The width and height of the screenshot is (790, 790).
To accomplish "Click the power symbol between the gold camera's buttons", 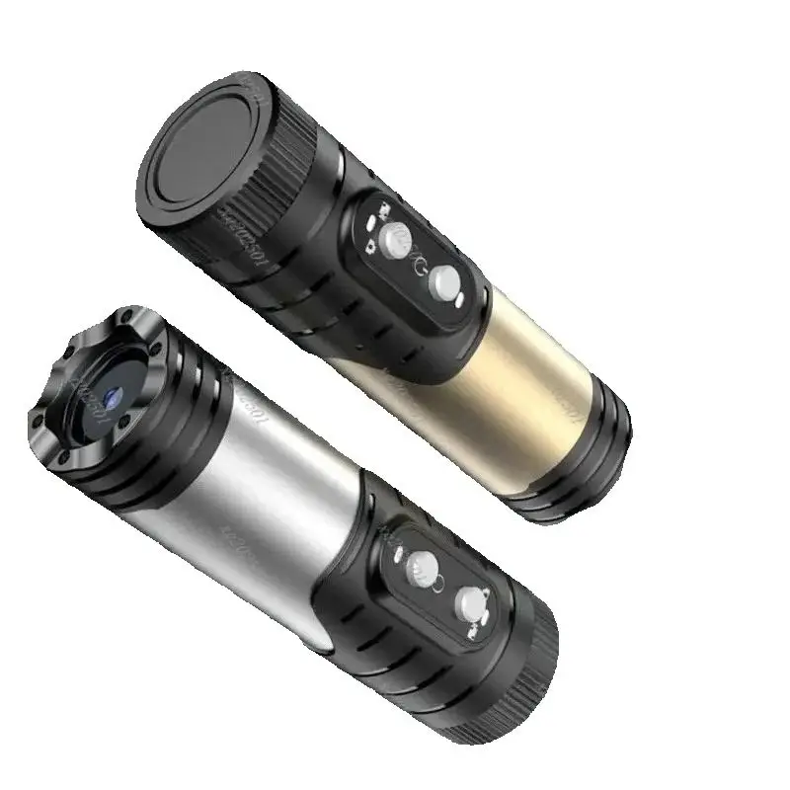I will tap(420, 265).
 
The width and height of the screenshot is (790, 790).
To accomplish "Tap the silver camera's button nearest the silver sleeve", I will tap(423, 569).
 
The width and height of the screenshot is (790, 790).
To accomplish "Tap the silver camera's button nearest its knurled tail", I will tap(470, 604).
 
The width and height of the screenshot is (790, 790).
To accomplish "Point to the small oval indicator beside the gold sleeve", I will tap(459, 300).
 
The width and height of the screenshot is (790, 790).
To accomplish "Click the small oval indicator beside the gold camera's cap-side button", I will tap(370, 223).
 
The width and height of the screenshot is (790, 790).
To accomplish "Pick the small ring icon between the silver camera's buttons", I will tap(438, 584).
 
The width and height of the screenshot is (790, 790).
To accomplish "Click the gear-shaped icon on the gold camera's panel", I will tap(370, 248).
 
